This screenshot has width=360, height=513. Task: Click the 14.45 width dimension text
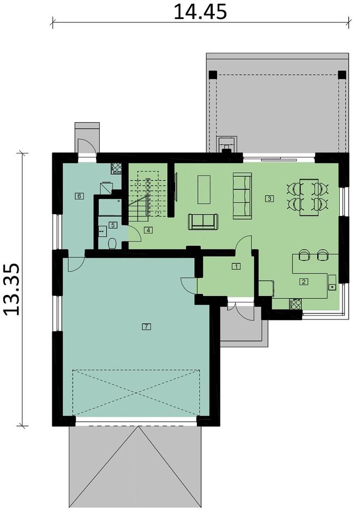[200, 11]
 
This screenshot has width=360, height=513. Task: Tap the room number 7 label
[146, 327]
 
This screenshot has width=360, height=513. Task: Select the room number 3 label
[269, 198]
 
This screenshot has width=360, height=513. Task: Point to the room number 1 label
[236, 267]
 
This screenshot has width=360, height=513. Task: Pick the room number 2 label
[304, 282]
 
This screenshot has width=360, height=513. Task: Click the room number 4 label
[148, 230]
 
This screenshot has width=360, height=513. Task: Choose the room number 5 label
[113, 224]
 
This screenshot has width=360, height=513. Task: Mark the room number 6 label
[80, 196]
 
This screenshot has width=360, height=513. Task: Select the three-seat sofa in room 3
[242, 196]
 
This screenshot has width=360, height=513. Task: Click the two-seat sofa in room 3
[203, 222]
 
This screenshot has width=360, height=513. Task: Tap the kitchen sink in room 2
[332, 286]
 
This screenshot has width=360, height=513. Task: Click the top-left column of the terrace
[212, 74]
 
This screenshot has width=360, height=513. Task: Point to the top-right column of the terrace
[341, 75]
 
